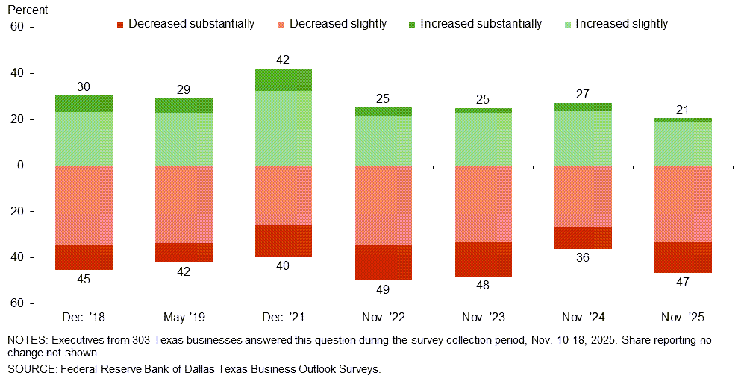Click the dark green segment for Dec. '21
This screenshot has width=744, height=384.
284,80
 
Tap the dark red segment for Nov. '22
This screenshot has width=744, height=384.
384,262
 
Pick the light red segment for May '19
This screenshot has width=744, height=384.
184,204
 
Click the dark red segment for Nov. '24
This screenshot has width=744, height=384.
583,238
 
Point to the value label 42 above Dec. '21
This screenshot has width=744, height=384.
284,60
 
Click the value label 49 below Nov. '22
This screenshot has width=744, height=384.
384,289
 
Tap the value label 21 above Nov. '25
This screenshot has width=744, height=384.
683,109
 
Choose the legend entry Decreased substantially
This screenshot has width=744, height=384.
191,24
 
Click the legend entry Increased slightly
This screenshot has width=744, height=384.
622,24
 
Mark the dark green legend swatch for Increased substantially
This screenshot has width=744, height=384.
411,24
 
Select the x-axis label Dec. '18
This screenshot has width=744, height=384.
84,318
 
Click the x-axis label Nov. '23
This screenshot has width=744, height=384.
483,318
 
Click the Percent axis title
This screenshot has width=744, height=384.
27,10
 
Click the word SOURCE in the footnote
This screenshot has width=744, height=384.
30,368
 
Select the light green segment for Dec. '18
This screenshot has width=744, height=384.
84,139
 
